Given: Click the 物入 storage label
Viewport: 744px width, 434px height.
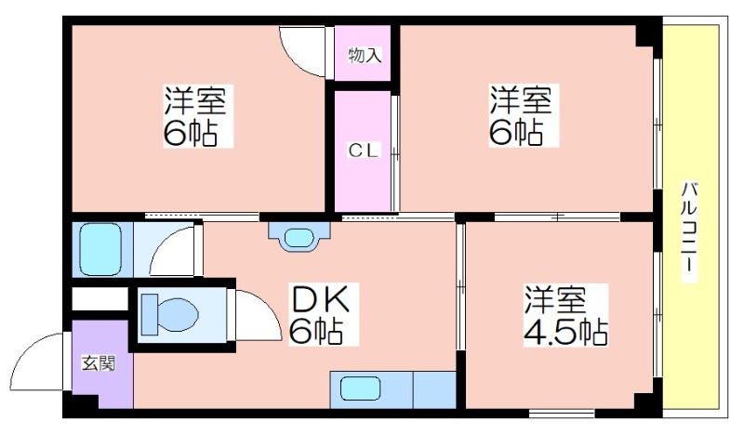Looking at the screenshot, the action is [x=365, y=56].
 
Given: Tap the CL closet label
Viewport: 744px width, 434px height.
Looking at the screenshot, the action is [x=364, y=151].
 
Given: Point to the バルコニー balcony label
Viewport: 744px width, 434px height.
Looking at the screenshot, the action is [x=689, y=231].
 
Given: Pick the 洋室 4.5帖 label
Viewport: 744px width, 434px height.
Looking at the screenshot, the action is [x=565, y=315].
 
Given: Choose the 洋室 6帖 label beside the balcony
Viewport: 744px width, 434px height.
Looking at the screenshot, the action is [x=524, y=115].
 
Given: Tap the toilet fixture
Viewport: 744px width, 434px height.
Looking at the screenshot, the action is [x=170, y=314].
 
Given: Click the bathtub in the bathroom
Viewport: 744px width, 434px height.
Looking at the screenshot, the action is [x=100, y=249].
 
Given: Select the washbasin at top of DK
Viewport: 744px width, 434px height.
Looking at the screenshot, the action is [x=299, y=237].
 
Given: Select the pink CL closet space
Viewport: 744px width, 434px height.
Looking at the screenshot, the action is [x=363, y=151].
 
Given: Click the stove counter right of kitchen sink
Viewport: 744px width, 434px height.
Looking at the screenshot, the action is [x=434, y=390].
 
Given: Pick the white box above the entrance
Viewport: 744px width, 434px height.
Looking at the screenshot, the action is [x=100, y=299].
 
